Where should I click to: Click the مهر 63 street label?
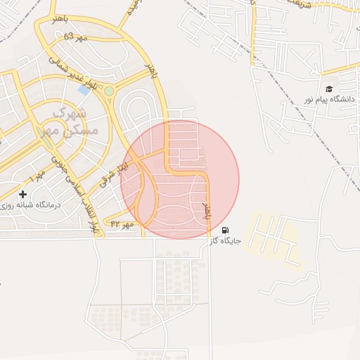[75, 36]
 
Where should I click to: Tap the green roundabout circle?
[109, 91]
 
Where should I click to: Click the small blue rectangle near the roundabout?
[84, 90]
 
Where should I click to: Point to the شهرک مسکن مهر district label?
[66, 122]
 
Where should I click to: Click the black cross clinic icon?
[22, 194]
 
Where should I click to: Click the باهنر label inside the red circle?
[207, 212]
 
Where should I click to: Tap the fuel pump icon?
[225, 230]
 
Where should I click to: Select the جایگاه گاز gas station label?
[225, 240]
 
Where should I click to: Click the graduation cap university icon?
[328, 89]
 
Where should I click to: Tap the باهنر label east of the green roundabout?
[149, 70]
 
